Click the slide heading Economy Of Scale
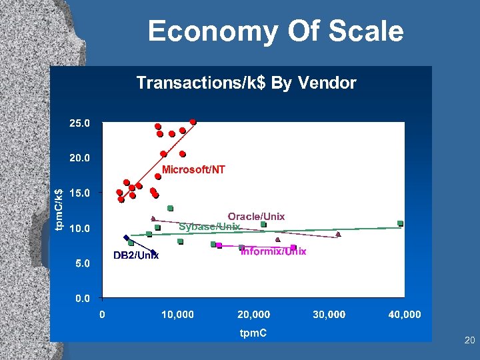point(275,31)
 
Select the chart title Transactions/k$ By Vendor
point(246,83)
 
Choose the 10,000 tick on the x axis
point(178,314)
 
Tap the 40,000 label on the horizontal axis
point(404,314)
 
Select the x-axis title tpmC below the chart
point(253,333)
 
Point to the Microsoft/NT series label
point(194,170)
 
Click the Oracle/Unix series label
point(256,216)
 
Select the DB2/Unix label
point(136,256)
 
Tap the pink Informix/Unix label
point(273,251)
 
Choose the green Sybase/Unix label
point(209,227)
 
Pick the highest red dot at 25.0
point(193,122)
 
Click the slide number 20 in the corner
point(469,341)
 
